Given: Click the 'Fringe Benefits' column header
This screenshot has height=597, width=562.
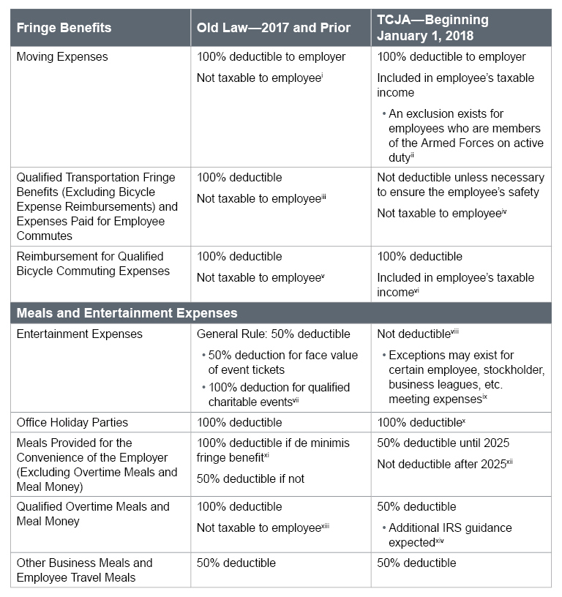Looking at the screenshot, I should [64, 28].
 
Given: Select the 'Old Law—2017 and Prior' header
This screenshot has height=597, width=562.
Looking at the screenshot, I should [273, 28].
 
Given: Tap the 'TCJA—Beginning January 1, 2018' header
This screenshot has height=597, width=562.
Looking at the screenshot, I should [432, 28].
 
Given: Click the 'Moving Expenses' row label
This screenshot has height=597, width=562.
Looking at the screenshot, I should [61, 57].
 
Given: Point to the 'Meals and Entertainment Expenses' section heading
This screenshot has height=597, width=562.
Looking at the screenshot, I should [127, 313].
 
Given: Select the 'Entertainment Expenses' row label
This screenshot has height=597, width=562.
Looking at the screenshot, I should [79, 334].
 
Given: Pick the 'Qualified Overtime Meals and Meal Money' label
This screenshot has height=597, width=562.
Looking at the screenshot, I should [92, 514].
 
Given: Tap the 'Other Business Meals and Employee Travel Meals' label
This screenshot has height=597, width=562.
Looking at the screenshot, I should [84, 570].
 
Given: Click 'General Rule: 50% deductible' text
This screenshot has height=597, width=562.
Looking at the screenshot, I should [274, 334].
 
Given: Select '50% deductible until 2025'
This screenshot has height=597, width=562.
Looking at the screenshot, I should [443, 443].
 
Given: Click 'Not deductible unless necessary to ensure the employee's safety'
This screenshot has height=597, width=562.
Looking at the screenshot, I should [460, 184].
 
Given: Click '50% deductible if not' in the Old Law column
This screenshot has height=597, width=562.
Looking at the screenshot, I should [251, 478].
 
